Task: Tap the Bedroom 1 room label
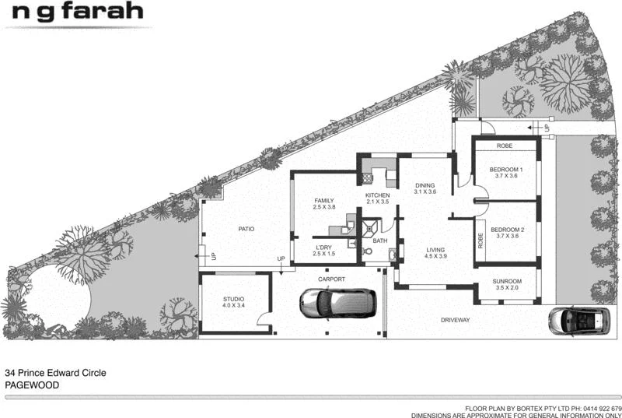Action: pos(505,169)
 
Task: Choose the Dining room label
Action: pos(424,184)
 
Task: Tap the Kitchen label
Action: pos(378,195)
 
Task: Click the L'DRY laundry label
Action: pos(323,247)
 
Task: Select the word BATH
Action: pos(379,241)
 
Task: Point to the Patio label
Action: pos(247,229)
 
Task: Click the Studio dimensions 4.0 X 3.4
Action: pos(234,305)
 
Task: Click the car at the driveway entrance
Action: pos(579,318)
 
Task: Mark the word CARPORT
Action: pos(330,279)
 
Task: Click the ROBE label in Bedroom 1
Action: pos(505,145)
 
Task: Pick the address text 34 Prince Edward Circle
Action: pos(55,373)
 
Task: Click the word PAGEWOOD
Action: pos(32,385)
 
